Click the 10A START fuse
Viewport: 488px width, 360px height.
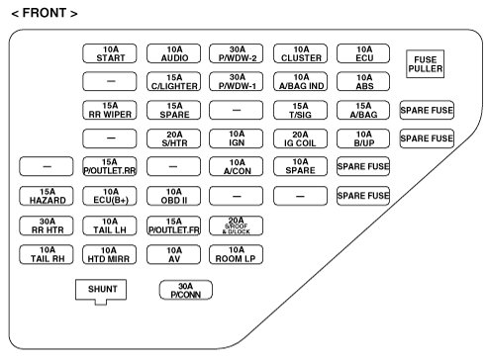[110, 53]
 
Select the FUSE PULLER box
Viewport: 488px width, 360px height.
[425, 64]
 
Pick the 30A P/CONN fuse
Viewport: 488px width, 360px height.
[186, 290]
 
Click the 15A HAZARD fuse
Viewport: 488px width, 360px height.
[47, 196]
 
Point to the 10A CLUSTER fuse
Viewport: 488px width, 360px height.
[300, 53]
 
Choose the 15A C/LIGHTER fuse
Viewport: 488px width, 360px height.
[173, 81]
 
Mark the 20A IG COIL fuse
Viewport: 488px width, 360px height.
[300, 138]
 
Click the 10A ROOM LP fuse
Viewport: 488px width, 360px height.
[237, 254]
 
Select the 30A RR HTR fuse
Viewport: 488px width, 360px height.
[47, 225]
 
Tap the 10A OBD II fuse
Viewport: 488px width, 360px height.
[173, 196]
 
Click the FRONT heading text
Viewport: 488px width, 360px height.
[45, 13]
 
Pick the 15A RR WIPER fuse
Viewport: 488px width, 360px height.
[110, 110]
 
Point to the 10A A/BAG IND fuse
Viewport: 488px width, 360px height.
[300, 81]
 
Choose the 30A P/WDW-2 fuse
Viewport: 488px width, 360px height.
[237, 53]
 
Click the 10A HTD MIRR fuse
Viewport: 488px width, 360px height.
[110, 254]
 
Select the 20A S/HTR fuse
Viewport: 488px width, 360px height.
[173, 138]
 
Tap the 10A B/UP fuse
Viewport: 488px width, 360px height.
[363, 138]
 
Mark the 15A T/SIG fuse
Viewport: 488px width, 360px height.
[300, 110]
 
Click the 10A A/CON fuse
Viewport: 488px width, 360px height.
[237, 166]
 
